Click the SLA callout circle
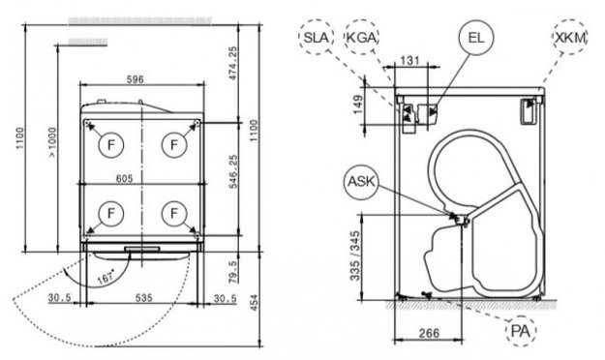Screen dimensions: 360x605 coord(318,37)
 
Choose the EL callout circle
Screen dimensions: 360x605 coord(475,38)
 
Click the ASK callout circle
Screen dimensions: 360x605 coord(361,181)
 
